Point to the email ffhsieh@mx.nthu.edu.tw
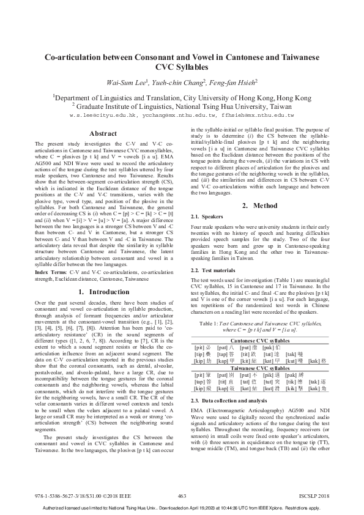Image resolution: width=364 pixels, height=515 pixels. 256,115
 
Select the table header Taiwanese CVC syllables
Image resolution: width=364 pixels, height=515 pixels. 260,369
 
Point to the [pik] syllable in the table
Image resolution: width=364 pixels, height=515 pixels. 269,376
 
